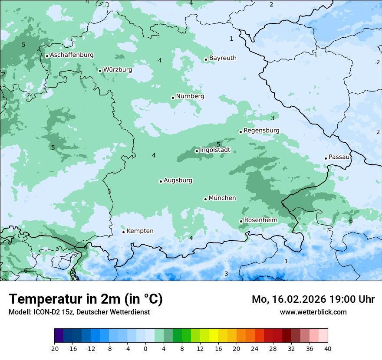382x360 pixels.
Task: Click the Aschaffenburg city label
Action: (x=72, y=55)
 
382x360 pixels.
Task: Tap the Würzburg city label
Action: (x=118, y=70)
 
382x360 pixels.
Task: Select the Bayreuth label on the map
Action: (x=223, y=58)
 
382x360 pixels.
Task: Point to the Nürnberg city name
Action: (x=190, y=96)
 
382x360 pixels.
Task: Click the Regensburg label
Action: (x=261, y=131)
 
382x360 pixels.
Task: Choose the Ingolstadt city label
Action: (x=215, y=150)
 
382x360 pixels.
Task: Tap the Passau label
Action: (x=339, y=157)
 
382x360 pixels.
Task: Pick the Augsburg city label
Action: (x=178, y=180)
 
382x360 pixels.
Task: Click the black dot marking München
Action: (x=205, y=199)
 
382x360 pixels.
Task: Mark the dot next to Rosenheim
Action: (x=241, y=221)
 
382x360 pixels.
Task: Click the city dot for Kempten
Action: (x=123, y=232)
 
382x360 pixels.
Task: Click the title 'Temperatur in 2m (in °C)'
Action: (x=86, y=299)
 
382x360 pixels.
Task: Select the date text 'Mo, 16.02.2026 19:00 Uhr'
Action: (x=313, y=299)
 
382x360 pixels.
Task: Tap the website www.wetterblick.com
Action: (x=313, y=312)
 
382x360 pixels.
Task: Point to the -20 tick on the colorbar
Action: (x=54, y=348)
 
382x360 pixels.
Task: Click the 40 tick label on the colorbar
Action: (x=327, y=348)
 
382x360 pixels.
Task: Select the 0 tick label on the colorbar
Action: (x=145, y=348)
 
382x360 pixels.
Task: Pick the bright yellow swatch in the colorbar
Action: (x=214, y=336)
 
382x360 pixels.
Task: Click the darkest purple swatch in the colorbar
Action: (x=59, y=336)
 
